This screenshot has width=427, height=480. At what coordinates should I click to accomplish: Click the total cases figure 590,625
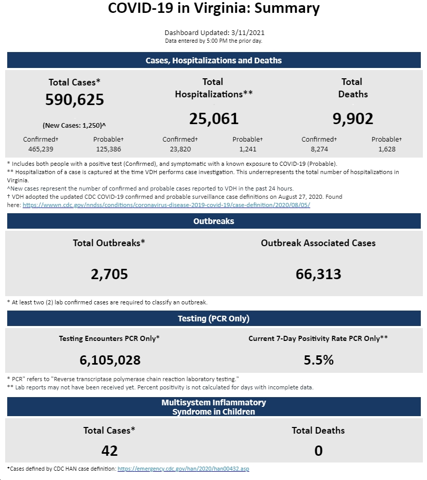click(75, 99)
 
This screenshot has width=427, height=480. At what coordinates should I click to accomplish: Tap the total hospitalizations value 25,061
click(214, 119)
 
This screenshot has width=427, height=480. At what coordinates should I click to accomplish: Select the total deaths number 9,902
click(353, 119)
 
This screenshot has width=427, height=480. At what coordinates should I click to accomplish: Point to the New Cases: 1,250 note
click(74, 125)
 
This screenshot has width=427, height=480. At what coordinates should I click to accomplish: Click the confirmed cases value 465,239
click(41, 149)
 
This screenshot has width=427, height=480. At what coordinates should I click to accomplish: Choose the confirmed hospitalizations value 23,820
click(180, 149)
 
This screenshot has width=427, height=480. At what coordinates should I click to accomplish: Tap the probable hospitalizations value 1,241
click(248, 149)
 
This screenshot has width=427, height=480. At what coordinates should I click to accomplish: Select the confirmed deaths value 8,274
click(319, 149)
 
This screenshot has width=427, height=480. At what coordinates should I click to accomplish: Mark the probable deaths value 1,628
click(387, 149)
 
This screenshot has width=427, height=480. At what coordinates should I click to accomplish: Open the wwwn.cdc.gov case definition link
click(166, 205)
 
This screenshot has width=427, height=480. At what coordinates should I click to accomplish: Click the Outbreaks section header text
click(214, 221)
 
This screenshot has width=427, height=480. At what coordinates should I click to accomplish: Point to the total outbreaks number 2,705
click(109, 274)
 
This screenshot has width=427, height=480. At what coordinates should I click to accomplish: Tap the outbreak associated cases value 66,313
click(318, 274)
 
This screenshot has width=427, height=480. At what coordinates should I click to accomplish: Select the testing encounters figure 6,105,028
click(110, 360)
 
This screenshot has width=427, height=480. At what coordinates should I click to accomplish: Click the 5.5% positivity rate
click(319, 360)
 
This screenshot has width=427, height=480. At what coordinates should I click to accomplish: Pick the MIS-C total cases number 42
click(109, 451)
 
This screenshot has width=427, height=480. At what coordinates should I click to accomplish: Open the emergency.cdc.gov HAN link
click(183, 469)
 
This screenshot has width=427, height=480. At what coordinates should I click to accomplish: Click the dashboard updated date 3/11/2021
click(248, 33)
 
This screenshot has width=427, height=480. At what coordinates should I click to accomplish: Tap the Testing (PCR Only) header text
click(214, 318)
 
